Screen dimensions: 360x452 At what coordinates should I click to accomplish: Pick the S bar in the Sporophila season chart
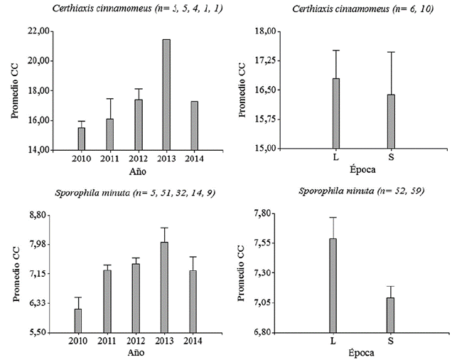point(390,314)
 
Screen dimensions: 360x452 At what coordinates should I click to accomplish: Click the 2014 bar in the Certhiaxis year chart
point(194,125)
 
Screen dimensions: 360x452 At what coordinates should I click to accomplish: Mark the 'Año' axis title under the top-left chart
point(137,172)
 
